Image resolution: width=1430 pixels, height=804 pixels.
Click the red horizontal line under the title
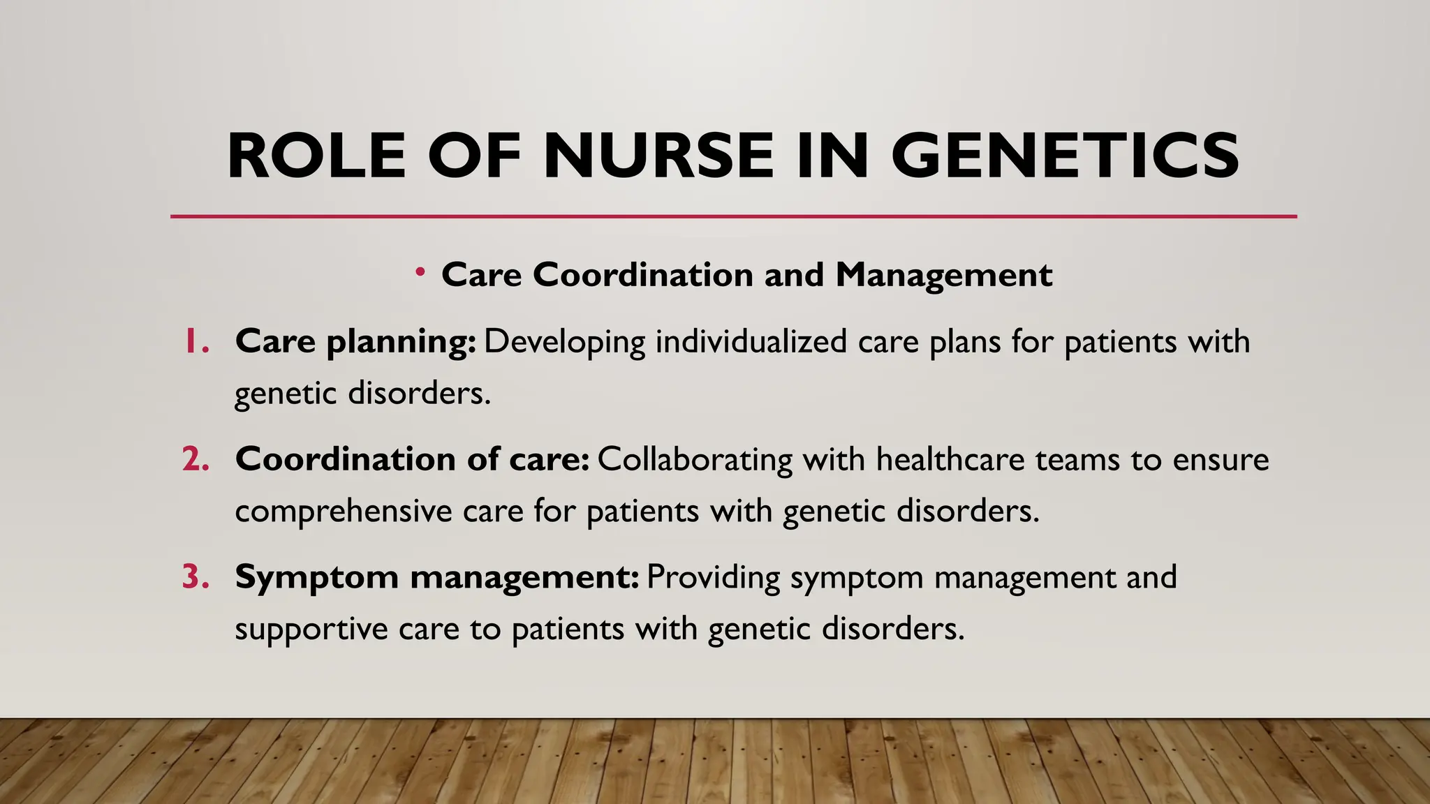pyautogui.click(x=733, y=216)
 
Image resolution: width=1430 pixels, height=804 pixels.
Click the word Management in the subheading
pyautogui.click(x=944, y=275)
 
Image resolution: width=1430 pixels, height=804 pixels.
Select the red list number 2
pyautogui.click(x=195, y=459)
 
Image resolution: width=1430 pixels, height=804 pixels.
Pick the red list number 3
pyautogui.click(x=195, y=577)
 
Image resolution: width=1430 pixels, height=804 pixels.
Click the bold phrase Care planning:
pyautogui.click(x=355, y=342)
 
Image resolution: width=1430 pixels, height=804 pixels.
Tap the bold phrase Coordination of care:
pyautogui.click(x=412, y=459)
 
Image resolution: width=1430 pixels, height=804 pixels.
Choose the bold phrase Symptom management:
pyautogui.click(x=436, y=577)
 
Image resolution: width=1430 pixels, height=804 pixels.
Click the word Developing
pyautogui.click(x=565, y=342)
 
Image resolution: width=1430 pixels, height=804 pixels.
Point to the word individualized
pyautogui.click(x=751, y=342)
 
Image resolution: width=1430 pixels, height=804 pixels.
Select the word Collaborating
pyautogui.click(x=695, y=459)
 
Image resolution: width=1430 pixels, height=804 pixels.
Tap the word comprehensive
pyautogui.click(x=344, y=512)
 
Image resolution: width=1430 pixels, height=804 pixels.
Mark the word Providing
pyautogui.click(x=713, y=577)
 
